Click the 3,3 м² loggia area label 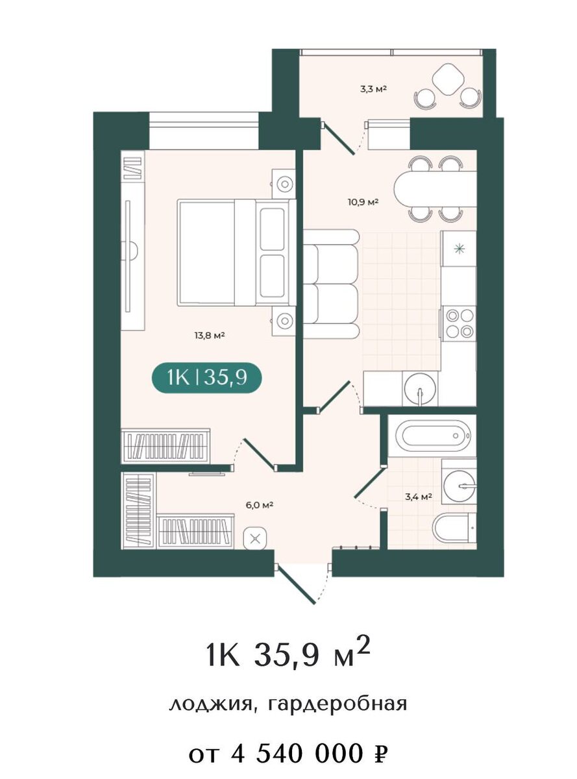[x=373, y=89]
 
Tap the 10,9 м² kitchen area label [x=363, y=202]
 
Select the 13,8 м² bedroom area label [x=209, y=335]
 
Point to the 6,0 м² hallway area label [x=259, y=505]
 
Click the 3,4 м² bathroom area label [x=418, y=497]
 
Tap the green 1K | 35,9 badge [x=207, y=378]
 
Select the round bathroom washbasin [x=460, y=486]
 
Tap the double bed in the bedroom [x=237, y=252]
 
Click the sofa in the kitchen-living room [x=331, y=284]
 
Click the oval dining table [x=435, y=190]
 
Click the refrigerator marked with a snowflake [x=459, y=249]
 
